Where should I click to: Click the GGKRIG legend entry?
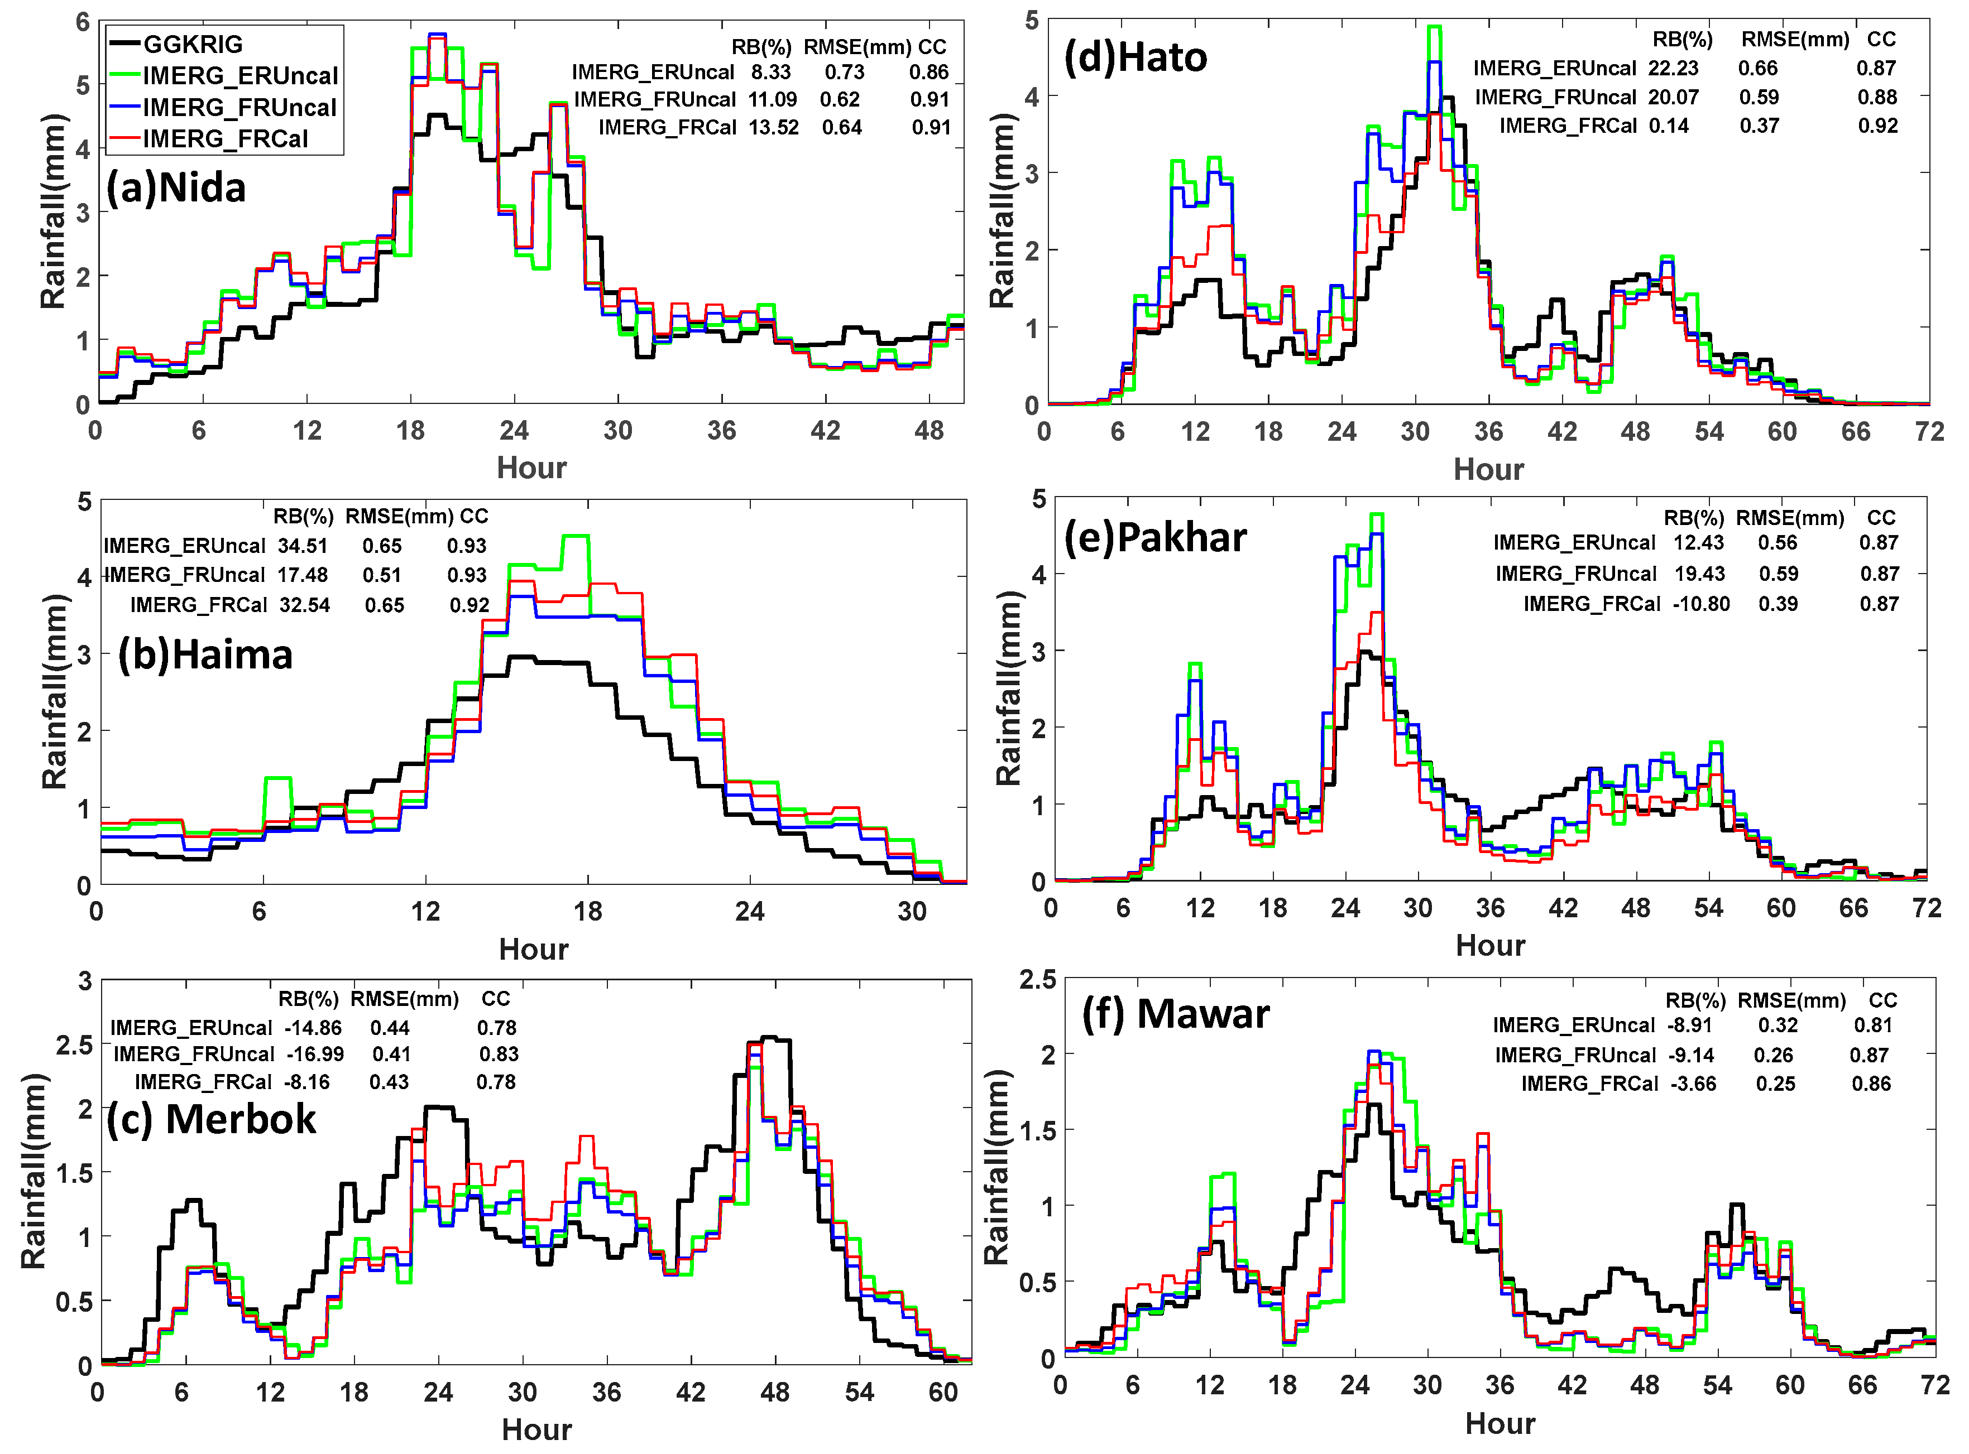(192, 44)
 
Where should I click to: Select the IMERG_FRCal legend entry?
(224, 139)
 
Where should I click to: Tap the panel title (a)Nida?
(175, 187)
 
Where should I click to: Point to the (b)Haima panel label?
(205, 655)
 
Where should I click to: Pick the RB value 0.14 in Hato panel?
(1669, 126)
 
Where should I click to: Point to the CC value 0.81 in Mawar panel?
(1872, 1025)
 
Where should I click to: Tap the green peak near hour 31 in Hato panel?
(1435, 28)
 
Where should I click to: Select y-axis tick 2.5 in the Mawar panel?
(1037, 980)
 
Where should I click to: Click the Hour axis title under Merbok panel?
(536, 1429)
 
